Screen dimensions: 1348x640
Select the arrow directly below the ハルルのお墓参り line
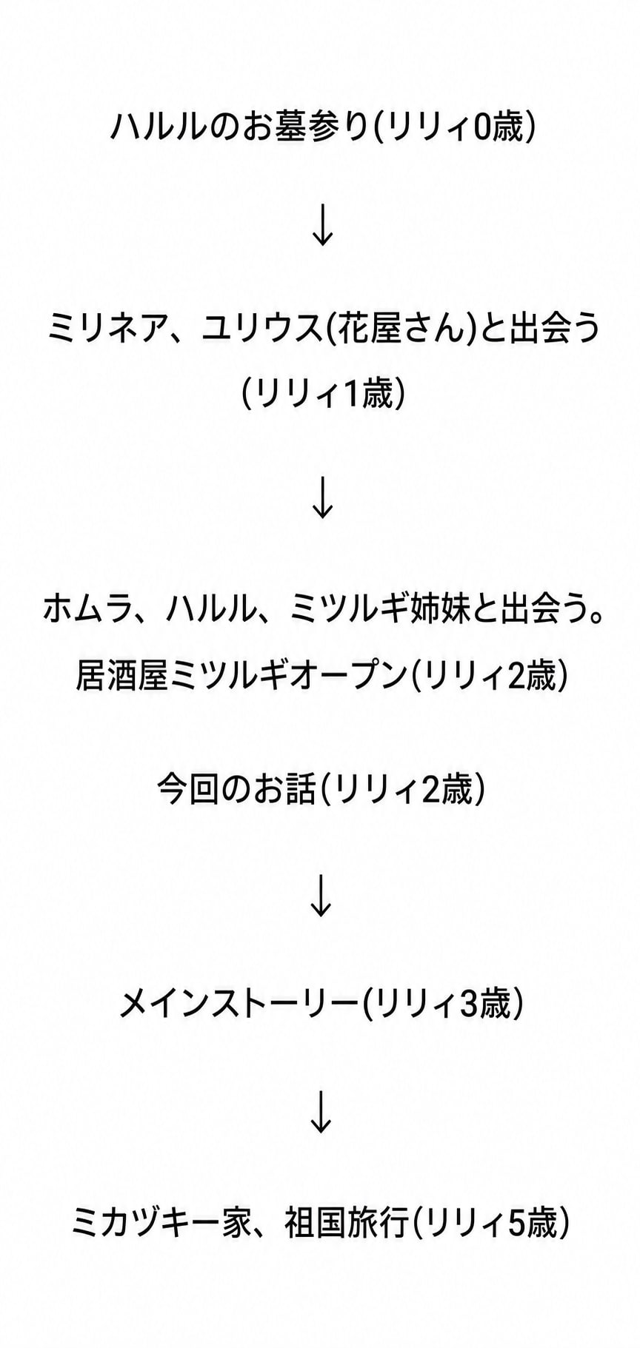click(322, 226)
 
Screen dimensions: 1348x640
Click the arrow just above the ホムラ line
click(322, 498)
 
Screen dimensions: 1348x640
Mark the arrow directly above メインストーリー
click(321, 896)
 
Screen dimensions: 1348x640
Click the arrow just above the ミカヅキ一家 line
click(321, 1112)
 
